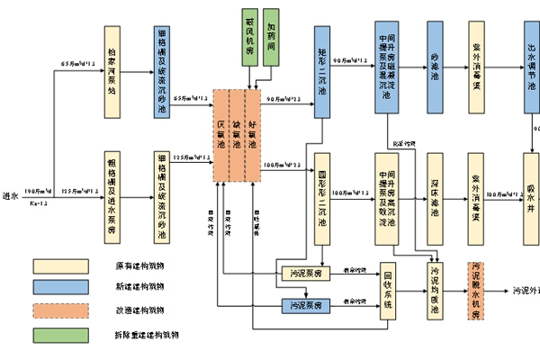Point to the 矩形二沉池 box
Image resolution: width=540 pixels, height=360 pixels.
(x=322, y=67)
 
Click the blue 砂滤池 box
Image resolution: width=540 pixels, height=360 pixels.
(x=435, y=67)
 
